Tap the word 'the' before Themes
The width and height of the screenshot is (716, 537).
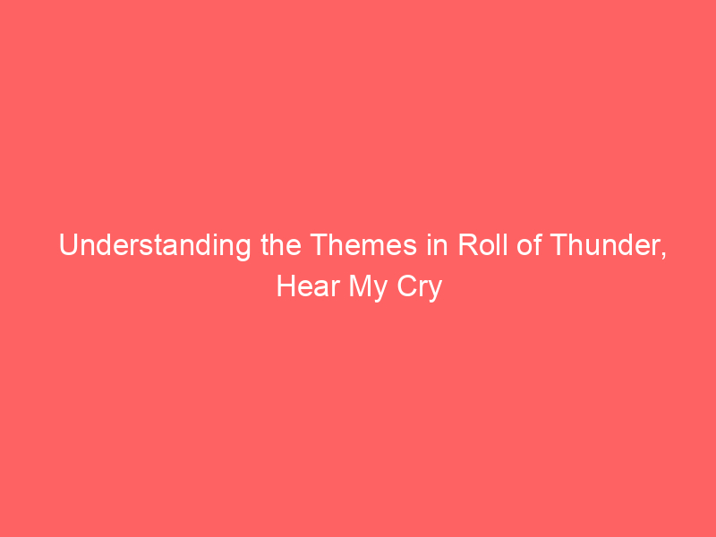pyautogui.click(x=278, y=246)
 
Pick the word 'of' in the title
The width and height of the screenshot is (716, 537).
pyautogui.click(x=523, y=246)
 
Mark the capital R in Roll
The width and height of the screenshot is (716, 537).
pyautogui.click(x=465, y=246)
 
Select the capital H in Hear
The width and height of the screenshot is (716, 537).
pyautogui.click(x=285, y=288)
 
